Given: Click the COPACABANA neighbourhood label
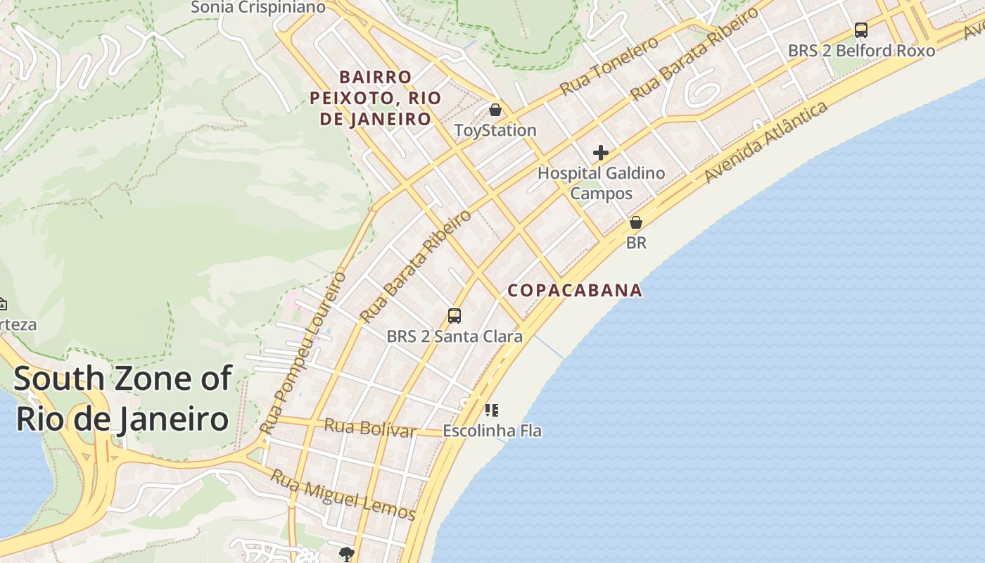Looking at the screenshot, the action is tap(575, 290).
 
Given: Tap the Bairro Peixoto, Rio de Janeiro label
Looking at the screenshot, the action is tap(375, 98).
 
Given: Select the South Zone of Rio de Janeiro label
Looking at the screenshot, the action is tap(122, 398).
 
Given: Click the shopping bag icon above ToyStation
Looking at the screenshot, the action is tap(495, 110).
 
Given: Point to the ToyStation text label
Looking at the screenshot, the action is tap(495, 130).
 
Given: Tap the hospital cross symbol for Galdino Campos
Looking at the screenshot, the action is tap(600, 153).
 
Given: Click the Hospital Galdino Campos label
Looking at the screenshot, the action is tap(601, 183).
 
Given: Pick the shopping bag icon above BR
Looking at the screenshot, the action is tap(636, 222).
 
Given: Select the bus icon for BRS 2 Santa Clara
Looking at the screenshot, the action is tap(455, 316).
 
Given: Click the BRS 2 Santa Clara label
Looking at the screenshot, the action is tap(455, 336).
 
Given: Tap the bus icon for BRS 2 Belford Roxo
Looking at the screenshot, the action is tap(860, 30).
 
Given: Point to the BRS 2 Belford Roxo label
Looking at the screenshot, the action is tap(861, 51).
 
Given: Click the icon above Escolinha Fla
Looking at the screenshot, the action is tap(492, 410).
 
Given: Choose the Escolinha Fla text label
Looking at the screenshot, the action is tap(492, 430).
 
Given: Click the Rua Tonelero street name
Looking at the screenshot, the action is tap(609, 65).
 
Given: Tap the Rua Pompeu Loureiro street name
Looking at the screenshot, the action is tap(303, 352).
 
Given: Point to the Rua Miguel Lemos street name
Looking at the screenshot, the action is tap(343, 495).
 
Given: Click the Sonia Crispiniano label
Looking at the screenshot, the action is tap(258, 8).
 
